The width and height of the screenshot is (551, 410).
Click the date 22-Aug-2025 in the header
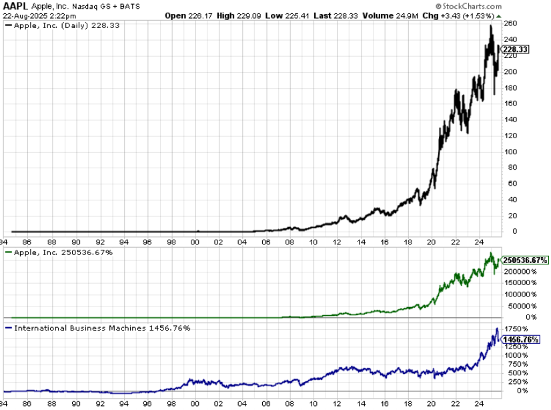point(25,15)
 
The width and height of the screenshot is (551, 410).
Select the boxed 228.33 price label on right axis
point(516,49)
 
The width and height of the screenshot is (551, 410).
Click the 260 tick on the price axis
point(510,23)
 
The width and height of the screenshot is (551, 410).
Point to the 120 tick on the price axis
point(510,136)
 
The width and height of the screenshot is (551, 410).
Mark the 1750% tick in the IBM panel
point(515,329)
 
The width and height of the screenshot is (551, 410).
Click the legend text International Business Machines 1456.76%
point(100,328)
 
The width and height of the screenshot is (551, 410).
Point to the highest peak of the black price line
point(491,25)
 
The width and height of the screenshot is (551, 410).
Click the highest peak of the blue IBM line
point(496,328)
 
